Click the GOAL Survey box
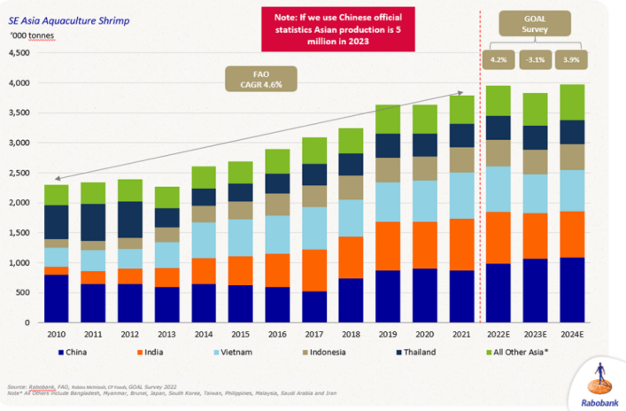point(534,25)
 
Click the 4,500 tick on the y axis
point(18,53)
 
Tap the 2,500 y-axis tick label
point(18,173)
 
